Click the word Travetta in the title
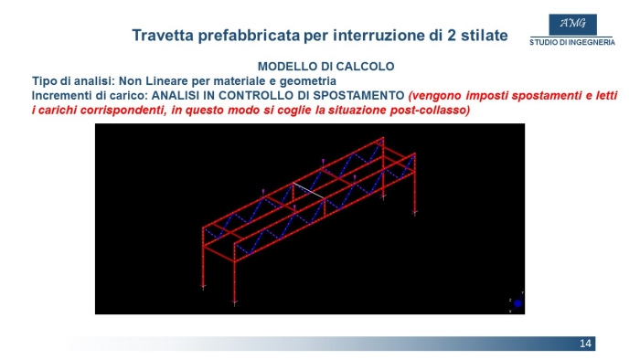click(163, 35)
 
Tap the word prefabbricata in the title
click(249, 36)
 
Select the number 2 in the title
click(452, 35)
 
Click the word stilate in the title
click(485, 35)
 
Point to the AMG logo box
click(572, 25)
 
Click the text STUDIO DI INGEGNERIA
click(572, 42)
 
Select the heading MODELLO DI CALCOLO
click(325, 67)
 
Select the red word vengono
click(435, 96)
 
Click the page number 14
click(585, 344)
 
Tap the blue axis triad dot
click(517, 303)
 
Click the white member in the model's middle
click(309, 190)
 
